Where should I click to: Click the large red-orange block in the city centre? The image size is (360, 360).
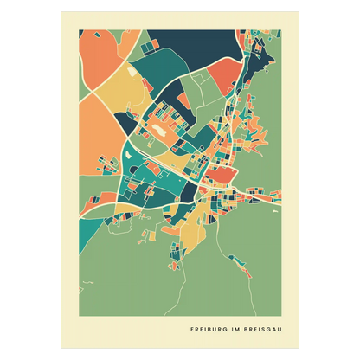(222, 176)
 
